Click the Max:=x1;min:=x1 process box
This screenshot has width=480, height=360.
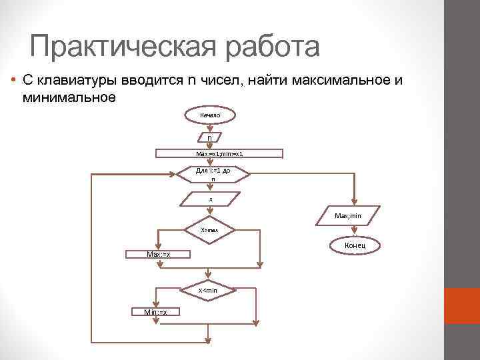[x=219, y=153]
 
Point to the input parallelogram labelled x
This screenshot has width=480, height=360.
[x=210, y=199]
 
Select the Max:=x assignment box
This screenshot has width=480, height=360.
[x=158, y=254]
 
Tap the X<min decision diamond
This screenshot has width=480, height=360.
[x=209, y=290]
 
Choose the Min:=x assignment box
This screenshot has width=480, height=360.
[x=155, y=312]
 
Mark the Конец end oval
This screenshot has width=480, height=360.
[x=354, y=246]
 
